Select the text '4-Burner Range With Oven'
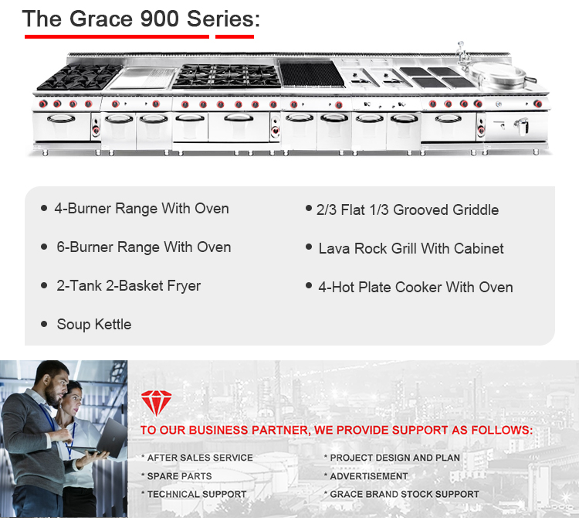(141, 209)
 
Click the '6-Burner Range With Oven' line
(144, 247)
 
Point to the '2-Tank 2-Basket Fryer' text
(128, 286)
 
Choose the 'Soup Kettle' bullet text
(93, 325)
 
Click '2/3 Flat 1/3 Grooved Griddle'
(408, 210)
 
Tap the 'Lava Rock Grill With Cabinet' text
(411, 249)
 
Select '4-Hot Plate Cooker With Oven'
(415, 288)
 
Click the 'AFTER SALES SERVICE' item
(200, 458)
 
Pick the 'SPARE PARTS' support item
(179, 476)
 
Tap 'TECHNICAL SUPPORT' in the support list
(197, 494)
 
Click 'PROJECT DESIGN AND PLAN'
(394, 458)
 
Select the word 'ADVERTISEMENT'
(369, 476)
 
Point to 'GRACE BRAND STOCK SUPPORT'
(405, 494)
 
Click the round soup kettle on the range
(498, 74)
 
